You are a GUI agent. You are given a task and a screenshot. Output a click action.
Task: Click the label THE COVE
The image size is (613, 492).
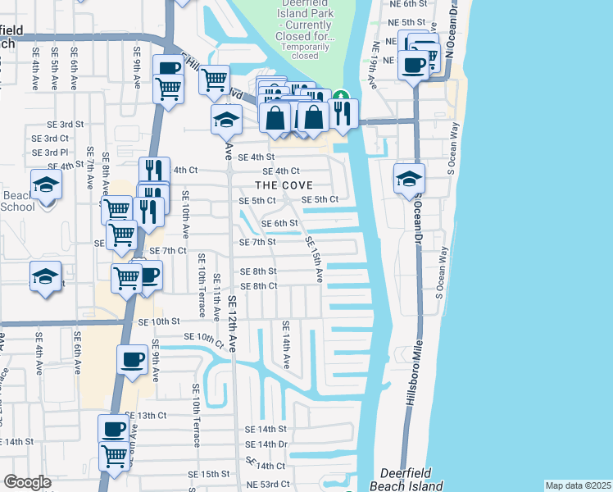(x=284, y=186)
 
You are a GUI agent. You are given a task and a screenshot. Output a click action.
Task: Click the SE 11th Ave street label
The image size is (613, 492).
(x=216, y=297)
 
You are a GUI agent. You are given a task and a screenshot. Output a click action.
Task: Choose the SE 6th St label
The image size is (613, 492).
(x=279, y=223)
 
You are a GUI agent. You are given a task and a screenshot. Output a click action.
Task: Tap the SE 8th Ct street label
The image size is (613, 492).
(x=258, y=285)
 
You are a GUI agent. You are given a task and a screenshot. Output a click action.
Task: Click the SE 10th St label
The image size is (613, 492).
(x=159, y=323)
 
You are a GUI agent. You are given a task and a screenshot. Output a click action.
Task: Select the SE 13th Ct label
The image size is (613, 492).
(x=146, y=416)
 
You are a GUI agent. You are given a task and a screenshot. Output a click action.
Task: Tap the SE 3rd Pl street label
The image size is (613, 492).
(x=50, y=153)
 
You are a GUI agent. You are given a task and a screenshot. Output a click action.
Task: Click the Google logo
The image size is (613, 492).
(x=28, y=482)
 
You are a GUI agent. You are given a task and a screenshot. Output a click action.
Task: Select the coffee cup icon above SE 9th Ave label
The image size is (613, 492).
(x=132, y=358)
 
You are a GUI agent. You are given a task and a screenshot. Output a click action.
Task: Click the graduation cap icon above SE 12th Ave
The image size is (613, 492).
(x=226, y=120)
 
